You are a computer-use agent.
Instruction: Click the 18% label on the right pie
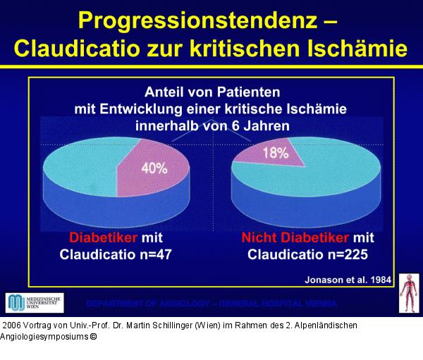tap(276, 153)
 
